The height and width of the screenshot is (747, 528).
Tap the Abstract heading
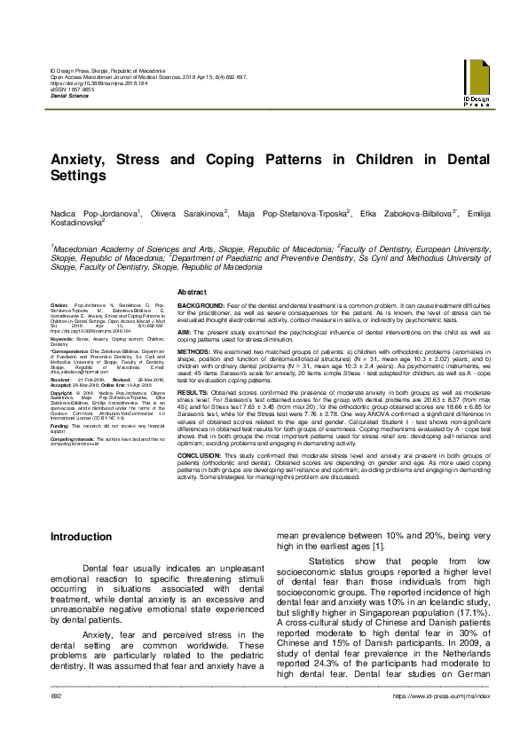coord(193,292)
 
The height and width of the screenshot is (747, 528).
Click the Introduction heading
coord(81,537)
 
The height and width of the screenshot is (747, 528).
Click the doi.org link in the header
coord(97,91)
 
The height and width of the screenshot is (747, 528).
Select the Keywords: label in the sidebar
coord(62,338)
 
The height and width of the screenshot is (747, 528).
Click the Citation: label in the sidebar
coord(59,303)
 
